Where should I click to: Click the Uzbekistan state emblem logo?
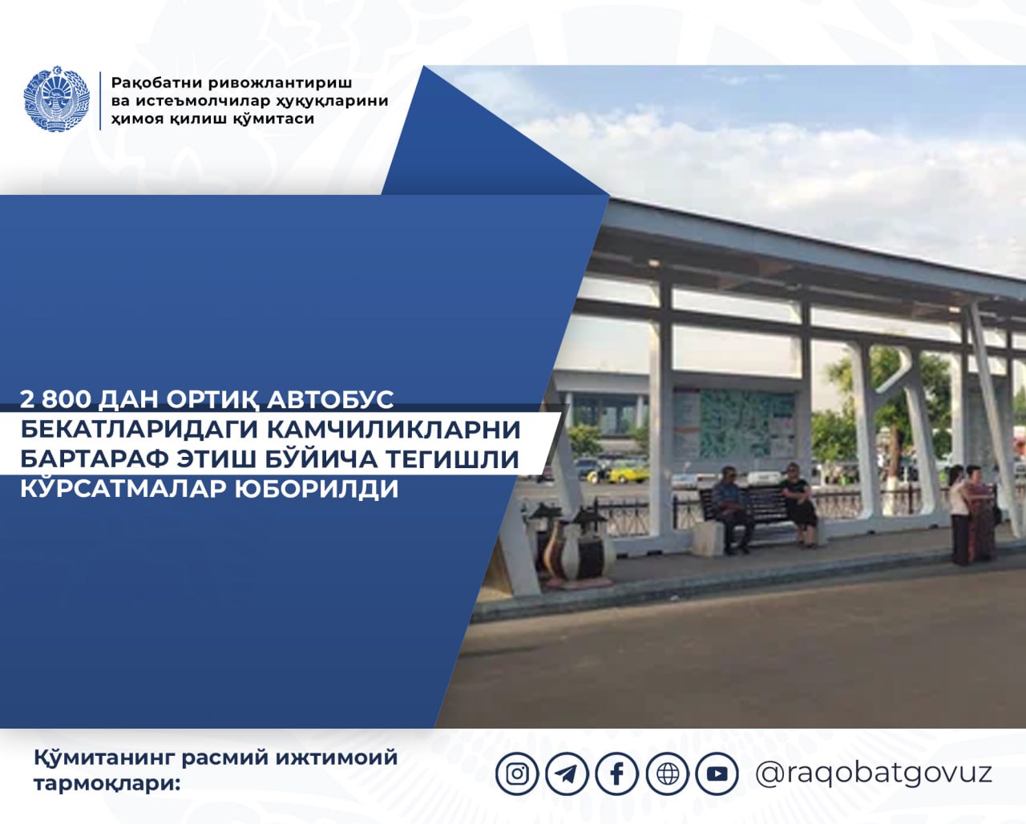(x=57, y=99)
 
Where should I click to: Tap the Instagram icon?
(x=517, y=774)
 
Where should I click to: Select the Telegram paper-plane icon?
(x=567, y=774)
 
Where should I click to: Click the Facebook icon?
(x=617, y=774)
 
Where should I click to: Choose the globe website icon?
(x=667, y=774)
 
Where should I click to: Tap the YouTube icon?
(x=717, y=774)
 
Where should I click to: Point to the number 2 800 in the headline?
(x=55, y=399)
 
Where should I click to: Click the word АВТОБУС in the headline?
(x=330, y=400)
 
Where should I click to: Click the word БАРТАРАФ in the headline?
(x=95, y=459)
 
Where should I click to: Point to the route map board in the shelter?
(x=734, y=423)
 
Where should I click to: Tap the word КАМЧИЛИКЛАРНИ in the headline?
(x=394, y=430)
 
